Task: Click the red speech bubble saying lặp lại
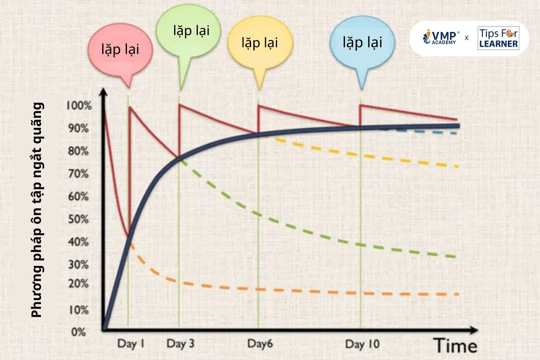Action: tap(120, 49)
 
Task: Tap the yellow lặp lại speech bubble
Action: tap(260, 43)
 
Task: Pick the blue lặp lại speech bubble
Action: tap(362, 43)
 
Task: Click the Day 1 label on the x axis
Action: tap(130, 344)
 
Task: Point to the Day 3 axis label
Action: tap(180, 344)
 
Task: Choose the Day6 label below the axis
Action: tap(260, 344)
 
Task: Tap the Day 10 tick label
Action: tap(362, 344)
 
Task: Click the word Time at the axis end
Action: tap(455, 346)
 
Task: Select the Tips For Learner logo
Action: tap(498, 38)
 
